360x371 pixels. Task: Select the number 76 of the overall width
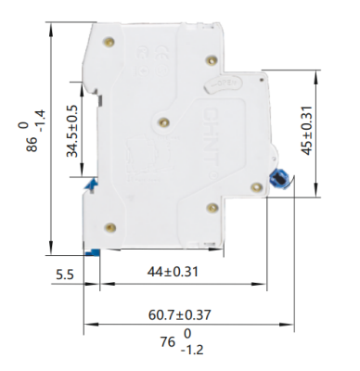pos(168,342)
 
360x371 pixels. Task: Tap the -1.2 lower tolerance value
pos(192,351)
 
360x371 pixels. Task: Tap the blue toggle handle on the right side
pos(277,179)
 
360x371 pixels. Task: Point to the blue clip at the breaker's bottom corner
pos(91,251)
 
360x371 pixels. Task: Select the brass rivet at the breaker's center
pos(164,122)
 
